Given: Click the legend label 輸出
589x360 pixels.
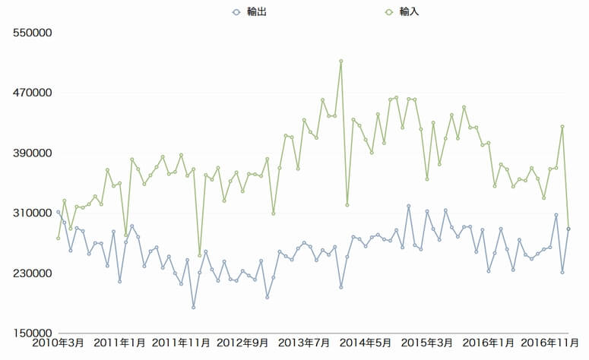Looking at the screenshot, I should (x=256, y=12).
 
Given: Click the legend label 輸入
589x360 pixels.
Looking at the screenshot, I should (x=409, y=12).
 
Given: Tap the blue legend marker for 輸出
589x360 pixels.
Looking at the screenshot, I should (x=236, y=12).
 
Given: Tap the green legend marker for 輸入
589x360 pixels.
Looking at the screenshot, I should (x=389, y=12).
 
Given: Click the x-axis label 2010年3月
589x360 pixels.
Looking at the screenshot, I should (x=58, y=344).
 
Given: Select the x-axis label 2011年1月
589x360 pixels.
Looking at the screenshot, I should (x=119, y=344).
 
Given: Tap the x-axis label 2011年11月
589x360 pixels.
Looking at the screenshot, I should (x=181, y=344).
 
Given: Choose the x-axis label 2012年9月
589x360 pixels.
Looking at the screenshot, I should (x=242, y=344).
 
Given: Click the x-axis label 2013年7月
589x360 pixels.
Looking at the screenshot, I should (x=304, y=344).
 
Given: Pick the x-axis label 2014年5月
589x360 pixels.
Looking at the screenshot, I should (x=366, y=344).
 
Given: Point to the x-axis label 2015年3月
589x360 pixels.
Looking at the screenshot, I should (x=427, y=344).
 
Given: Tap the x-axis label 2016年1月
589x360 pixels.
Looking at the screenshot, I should (x=489, y=344).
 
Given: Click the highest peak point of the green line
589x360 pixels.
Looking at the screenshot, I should (x=341, y=61).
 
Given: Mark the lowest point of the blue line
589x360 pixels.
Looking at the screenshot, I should (x=193, y=308).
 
